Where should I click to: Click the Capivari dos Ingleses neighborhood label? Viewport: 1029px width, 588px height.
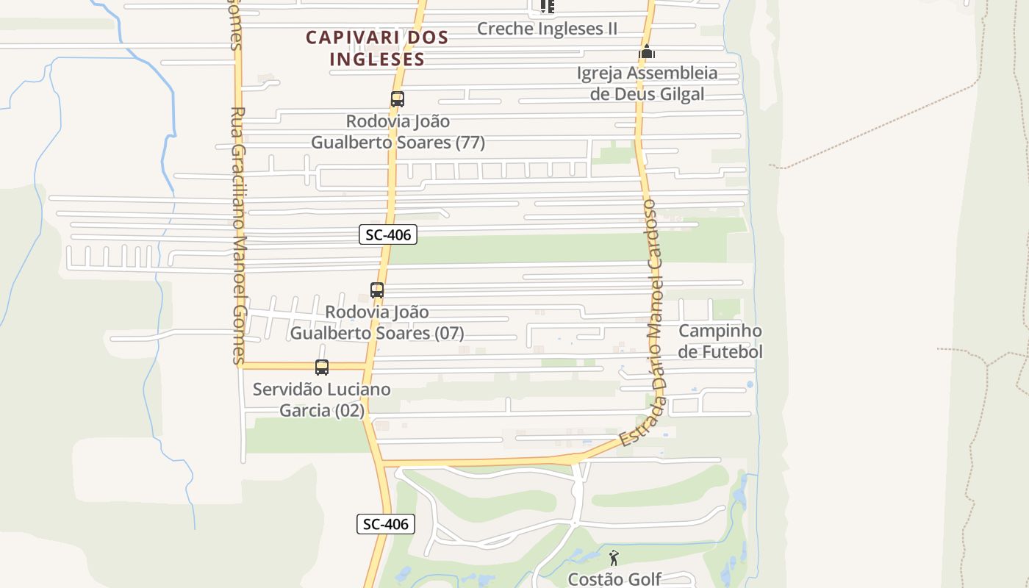[x=376, y=48]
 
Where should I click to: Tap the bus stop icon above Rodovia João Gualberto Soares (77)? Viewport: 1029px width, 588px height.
[x=398, y=98]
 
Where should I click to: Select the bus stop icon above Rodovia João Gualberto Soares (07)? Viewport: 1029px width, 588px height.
[x=377, y=290]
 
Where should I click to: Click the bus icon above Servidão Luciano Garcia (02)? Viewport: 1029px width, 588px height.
[x=322, y=367]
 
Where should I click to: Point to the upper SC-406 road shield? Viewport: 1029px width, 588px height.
[x=388, y=234]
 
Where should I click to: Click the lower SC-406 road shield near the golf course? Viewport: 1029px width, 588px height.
[x=386, y=524]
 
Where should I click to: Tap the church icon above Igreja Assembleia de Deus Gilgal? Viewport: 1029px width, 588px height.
[x=647, y=52]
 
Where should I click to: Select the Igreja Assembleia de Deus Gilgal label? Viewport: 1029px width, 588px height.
[x=647, y=83]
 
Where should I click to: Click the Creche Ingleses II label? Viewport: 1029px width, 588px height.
[x=547, y=29]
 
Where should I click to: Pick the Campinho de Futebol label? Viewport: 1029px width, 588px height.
[x=720, y=341]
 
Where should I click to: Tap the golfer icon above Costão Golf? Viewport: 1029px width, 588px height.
[x=614, y=558]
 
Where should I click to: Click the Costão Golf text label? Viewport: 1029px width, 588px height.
[x=614, y=579]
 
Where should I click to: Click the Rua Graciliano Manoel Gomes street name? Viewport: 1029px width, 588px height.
[x=237, y=235]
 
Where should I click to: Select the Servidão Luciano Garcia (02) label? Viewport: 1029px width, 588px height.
[x=322, y=399]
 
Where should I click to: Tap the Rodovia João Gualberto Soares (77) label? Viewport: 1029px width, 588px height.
[x=398, y=132]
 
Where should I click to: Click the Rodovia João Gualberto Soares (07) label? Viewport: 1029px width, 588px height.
[x=377, y=323]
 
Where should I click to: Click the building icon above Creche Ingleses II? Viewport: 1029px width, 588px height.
[x=547, y=7]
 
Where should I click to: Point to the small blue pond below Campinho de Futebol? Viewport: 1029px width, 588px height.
[x=749, y=384]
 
